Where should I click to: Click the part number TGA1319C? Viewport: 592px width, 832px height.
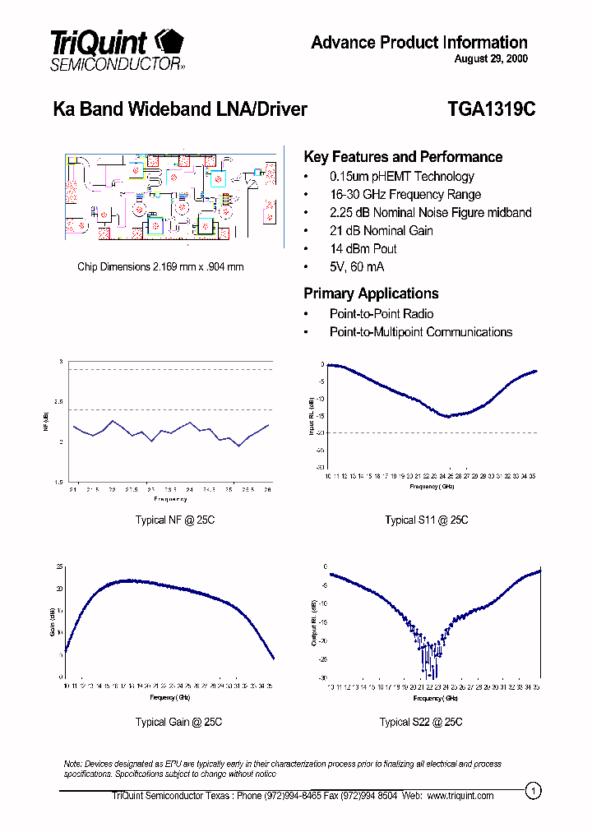(491, 109)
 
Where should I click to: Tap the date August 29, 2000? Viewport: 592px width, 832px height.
(490, 59)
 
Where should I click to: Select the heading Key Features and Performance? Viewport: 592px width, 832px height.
(403, 157)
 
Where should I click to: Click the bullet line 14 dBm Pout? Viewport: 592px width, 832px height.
(363, 249)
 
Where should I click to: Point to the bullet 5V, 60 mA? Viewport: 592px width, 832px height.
(356, 267)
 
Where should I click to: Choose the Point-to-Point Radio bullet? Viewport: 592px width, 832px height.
(381, 314)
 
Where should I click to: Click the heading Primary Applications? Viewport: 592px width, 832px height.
(371, 294)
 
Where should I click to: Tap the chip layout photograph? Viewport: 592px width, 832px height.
(171, 200)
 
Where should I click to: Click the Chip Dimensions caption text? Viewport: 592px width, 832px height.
(160, 266)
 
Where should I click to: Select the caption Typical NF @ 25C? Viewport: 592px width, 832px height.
(174, 520)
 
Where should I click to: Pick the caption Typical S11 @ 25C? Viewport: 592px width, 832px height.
(427, 520)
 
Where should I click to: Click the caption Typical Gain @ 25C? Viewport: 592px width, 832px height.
(178, 722)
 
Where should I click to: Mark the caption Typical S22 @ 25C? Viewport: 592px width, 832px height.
(421, 722)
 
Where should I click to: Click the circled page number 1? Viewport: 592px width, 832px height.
(534, 791)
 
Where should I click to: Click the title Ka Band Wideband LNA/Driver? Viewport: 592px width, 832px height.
(180, 109)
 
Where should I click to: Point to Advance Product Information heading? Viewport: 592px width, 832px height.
(419, 43)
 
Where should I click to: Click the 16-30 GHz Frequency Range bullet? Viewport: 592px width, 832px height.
(405, 195)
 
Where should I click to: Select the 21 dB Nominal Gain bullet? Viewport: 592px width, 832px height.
(381, 231)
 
